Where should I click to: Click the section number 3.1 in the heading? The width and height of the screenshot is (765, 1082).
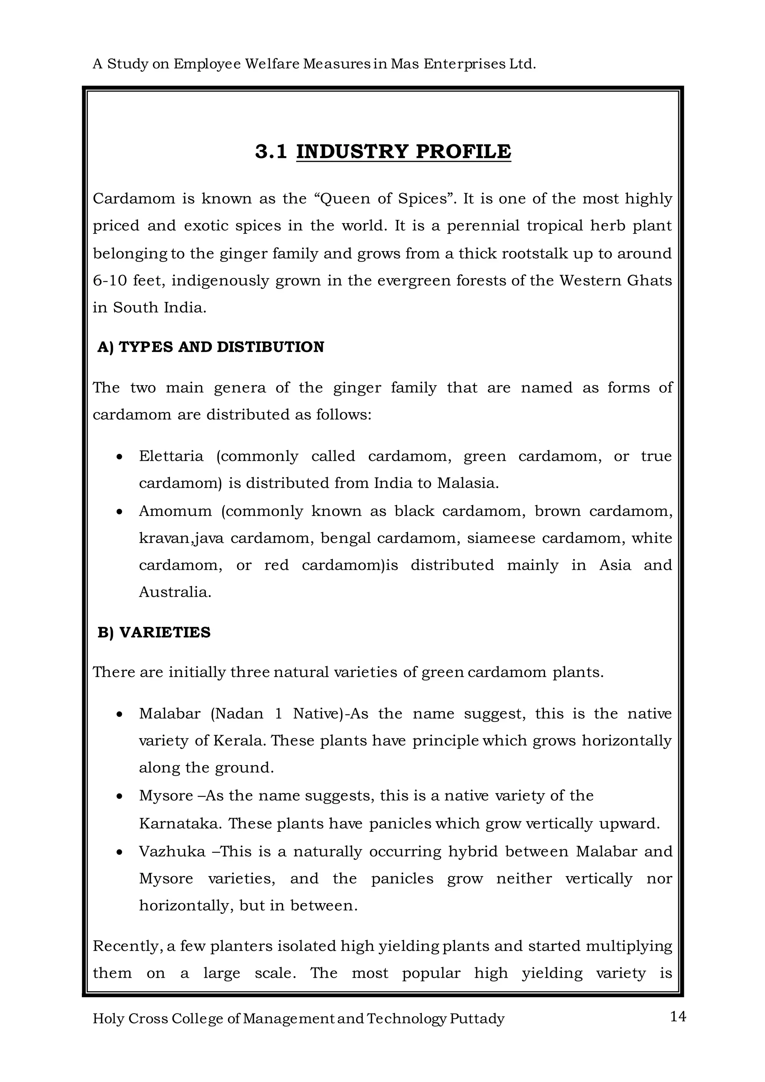[x=271, y=151]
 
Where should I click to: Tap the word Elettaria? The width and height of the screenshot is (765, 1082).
[x=171, y=456]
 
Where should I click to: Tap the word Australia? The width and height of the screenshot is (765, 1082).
[x=175, y=592]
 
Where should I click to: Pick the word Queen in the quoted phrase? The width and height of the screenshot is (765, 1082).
[x=344, y=199]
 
